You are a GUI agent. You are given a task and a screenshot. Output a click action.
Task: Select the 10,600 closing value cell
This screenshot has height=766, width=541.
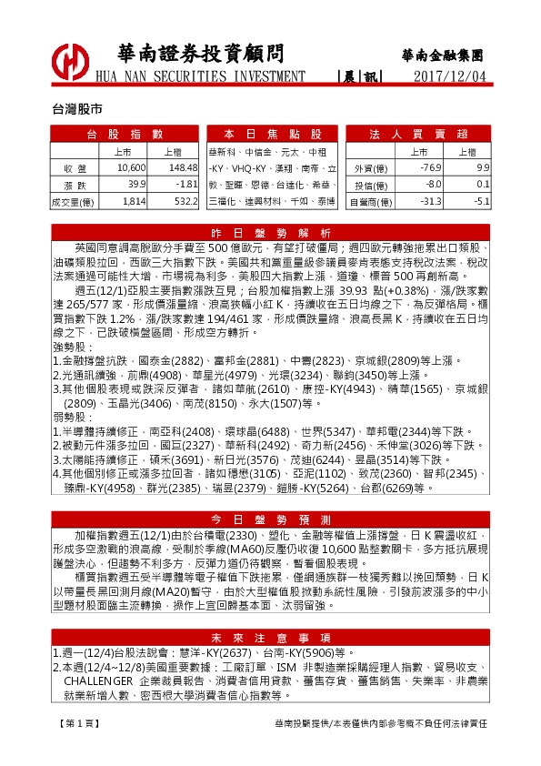(x=132, y=168)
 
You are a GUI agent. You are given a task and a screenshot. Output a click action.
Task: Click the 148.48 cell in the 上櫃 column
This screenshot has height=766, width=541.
(x=183, y=168)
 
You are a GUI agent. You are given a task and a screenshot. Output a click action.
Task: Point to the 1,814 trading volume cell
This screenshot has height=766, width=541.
(x=132, y=201)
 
